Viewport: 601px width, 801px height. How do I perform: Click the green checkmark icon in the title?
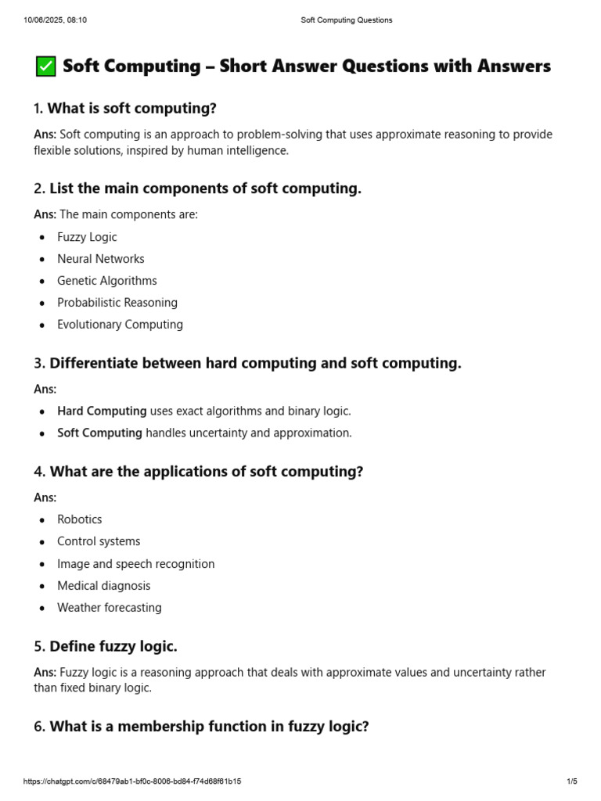click(x=46, y=67)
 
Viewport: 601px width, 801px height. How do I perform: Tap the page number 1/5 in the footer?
click(x=571, y=781)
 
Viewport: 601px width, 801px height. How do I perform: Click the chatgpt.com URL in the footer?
click(x=132, y=781)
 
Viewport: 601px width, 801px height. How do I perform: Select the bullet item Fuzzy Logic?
click(x=87, y=237)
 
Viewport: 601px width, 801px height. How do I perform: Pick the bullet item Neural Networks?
click(x=100, y=259)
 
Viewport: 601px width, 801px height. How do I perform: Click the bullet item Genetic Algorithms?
click(x=106, y=281)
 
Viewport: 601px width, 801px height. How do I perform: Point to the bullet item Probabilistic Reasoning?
click(x=117, y=303)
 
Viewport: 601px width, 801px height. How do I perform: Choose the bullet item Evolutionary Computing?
click(x=120, y=325)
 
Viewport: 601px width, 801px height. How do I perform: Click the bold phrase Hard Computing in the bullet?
click(x=102, y=411)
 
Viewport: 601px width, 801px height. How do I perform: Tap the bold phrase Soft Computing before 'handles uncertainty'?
click(x=99, y=433)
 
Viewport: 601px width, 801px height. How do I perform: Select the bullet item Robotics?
click(x=79, y=519)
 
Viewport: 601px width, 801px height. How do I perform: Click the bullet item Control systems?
click(x=99, y=541)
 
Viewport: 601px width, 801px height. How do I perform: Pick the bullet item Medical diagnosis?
click(x=103, y=586)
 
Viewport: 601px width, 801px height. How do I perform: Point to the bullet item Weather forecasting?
click(x=109, y=608)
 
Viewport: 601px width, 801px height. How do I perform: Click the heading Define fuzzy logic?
click(x=113, y=647)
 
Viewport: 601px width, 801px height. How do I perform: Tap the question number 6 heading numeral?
click(x=38, y=727)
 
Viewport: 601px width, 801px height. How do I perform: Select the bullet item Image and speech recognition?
click(x=135, y=564)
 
